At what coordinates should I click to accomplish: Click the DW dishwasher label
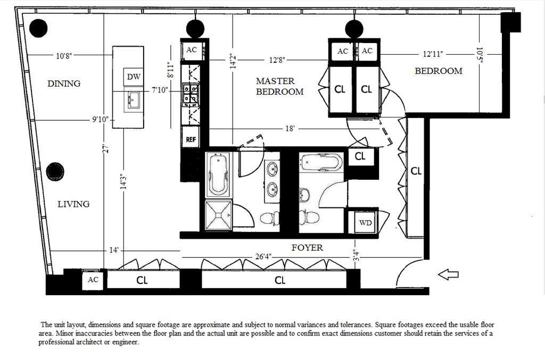click(x=134, y=77)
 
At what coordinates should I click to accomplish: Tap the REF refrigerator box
click(x=191, y=139)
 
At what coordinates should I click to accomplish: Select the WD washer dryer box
click(x=365, y=223)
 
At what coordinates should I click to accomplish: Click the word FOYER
click(x=307, y=247)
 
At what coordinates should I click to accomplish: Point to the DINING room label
click(x=64, y=83)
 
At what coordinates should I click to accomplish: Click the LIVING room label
click(x=73, y=204)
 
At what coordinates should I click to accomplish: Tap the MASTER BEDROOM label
click(x=279, y=86)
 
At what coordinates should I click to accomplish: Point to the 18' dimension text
click(x=290, y=129)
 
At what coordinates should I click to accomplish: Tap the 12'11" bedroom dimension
click(x=433, y=54)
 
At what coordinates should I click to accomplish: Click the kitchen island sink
click(x=133, y=99)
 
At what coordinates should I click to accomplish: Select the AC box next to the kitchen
click(x=192, y=50)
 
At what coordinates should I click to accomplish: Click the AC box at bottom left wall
click(x=93, y=280)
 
